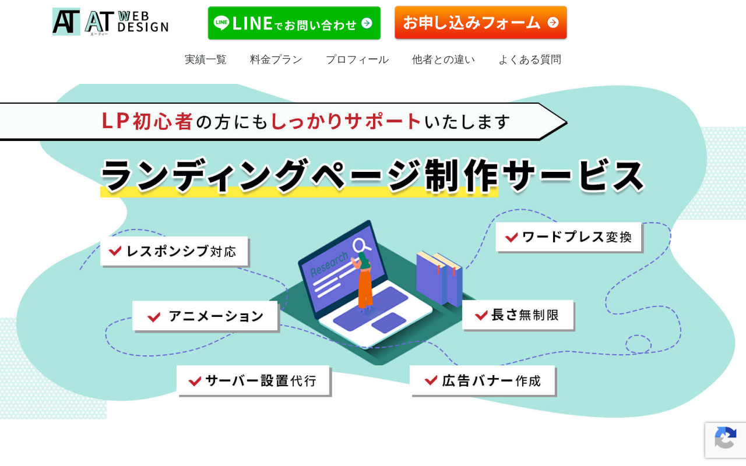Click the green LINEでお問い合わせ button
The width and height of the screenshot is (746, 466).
[294, 23]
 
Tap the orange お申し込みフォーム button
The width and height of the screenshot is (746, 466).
[481, 22]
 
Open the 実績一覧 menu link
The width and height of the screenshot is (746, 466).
[206, 59]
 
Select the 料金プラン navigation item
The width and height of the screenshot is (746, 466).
[276, 59]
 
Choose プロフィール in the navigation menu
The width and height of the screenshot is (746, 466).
[357, 59]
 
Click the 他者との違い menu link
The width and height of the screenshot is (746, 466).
[444, 59]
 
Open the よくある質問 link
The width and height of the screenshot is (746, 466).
[530, 59]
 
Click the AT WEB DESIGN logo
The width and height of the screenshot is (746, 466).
[111, 22]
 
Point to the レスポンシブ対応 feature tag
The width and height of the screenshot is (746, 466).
[174, 251]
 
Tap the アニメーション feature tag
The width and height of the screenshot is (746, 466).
[205, 316]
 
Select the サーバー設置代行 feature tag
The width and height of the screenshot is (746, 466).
[253, 380]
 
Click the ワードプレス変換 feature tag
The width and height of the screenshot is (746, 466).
[568, 237]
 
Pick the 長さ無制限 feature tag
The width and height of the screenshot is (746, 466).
[518, 315]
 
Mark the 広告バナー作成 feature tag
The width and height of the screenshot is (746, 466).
[483, 380]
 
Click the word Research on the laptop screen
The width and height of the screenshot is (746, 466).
[329, 264]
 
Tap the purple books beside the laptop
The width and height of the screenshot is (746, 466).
[439, 278]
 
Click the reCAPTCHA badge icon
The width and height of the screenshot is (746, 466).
[726, 437]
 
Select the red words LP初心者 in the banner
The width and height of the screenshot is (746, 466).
[147, 121]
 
